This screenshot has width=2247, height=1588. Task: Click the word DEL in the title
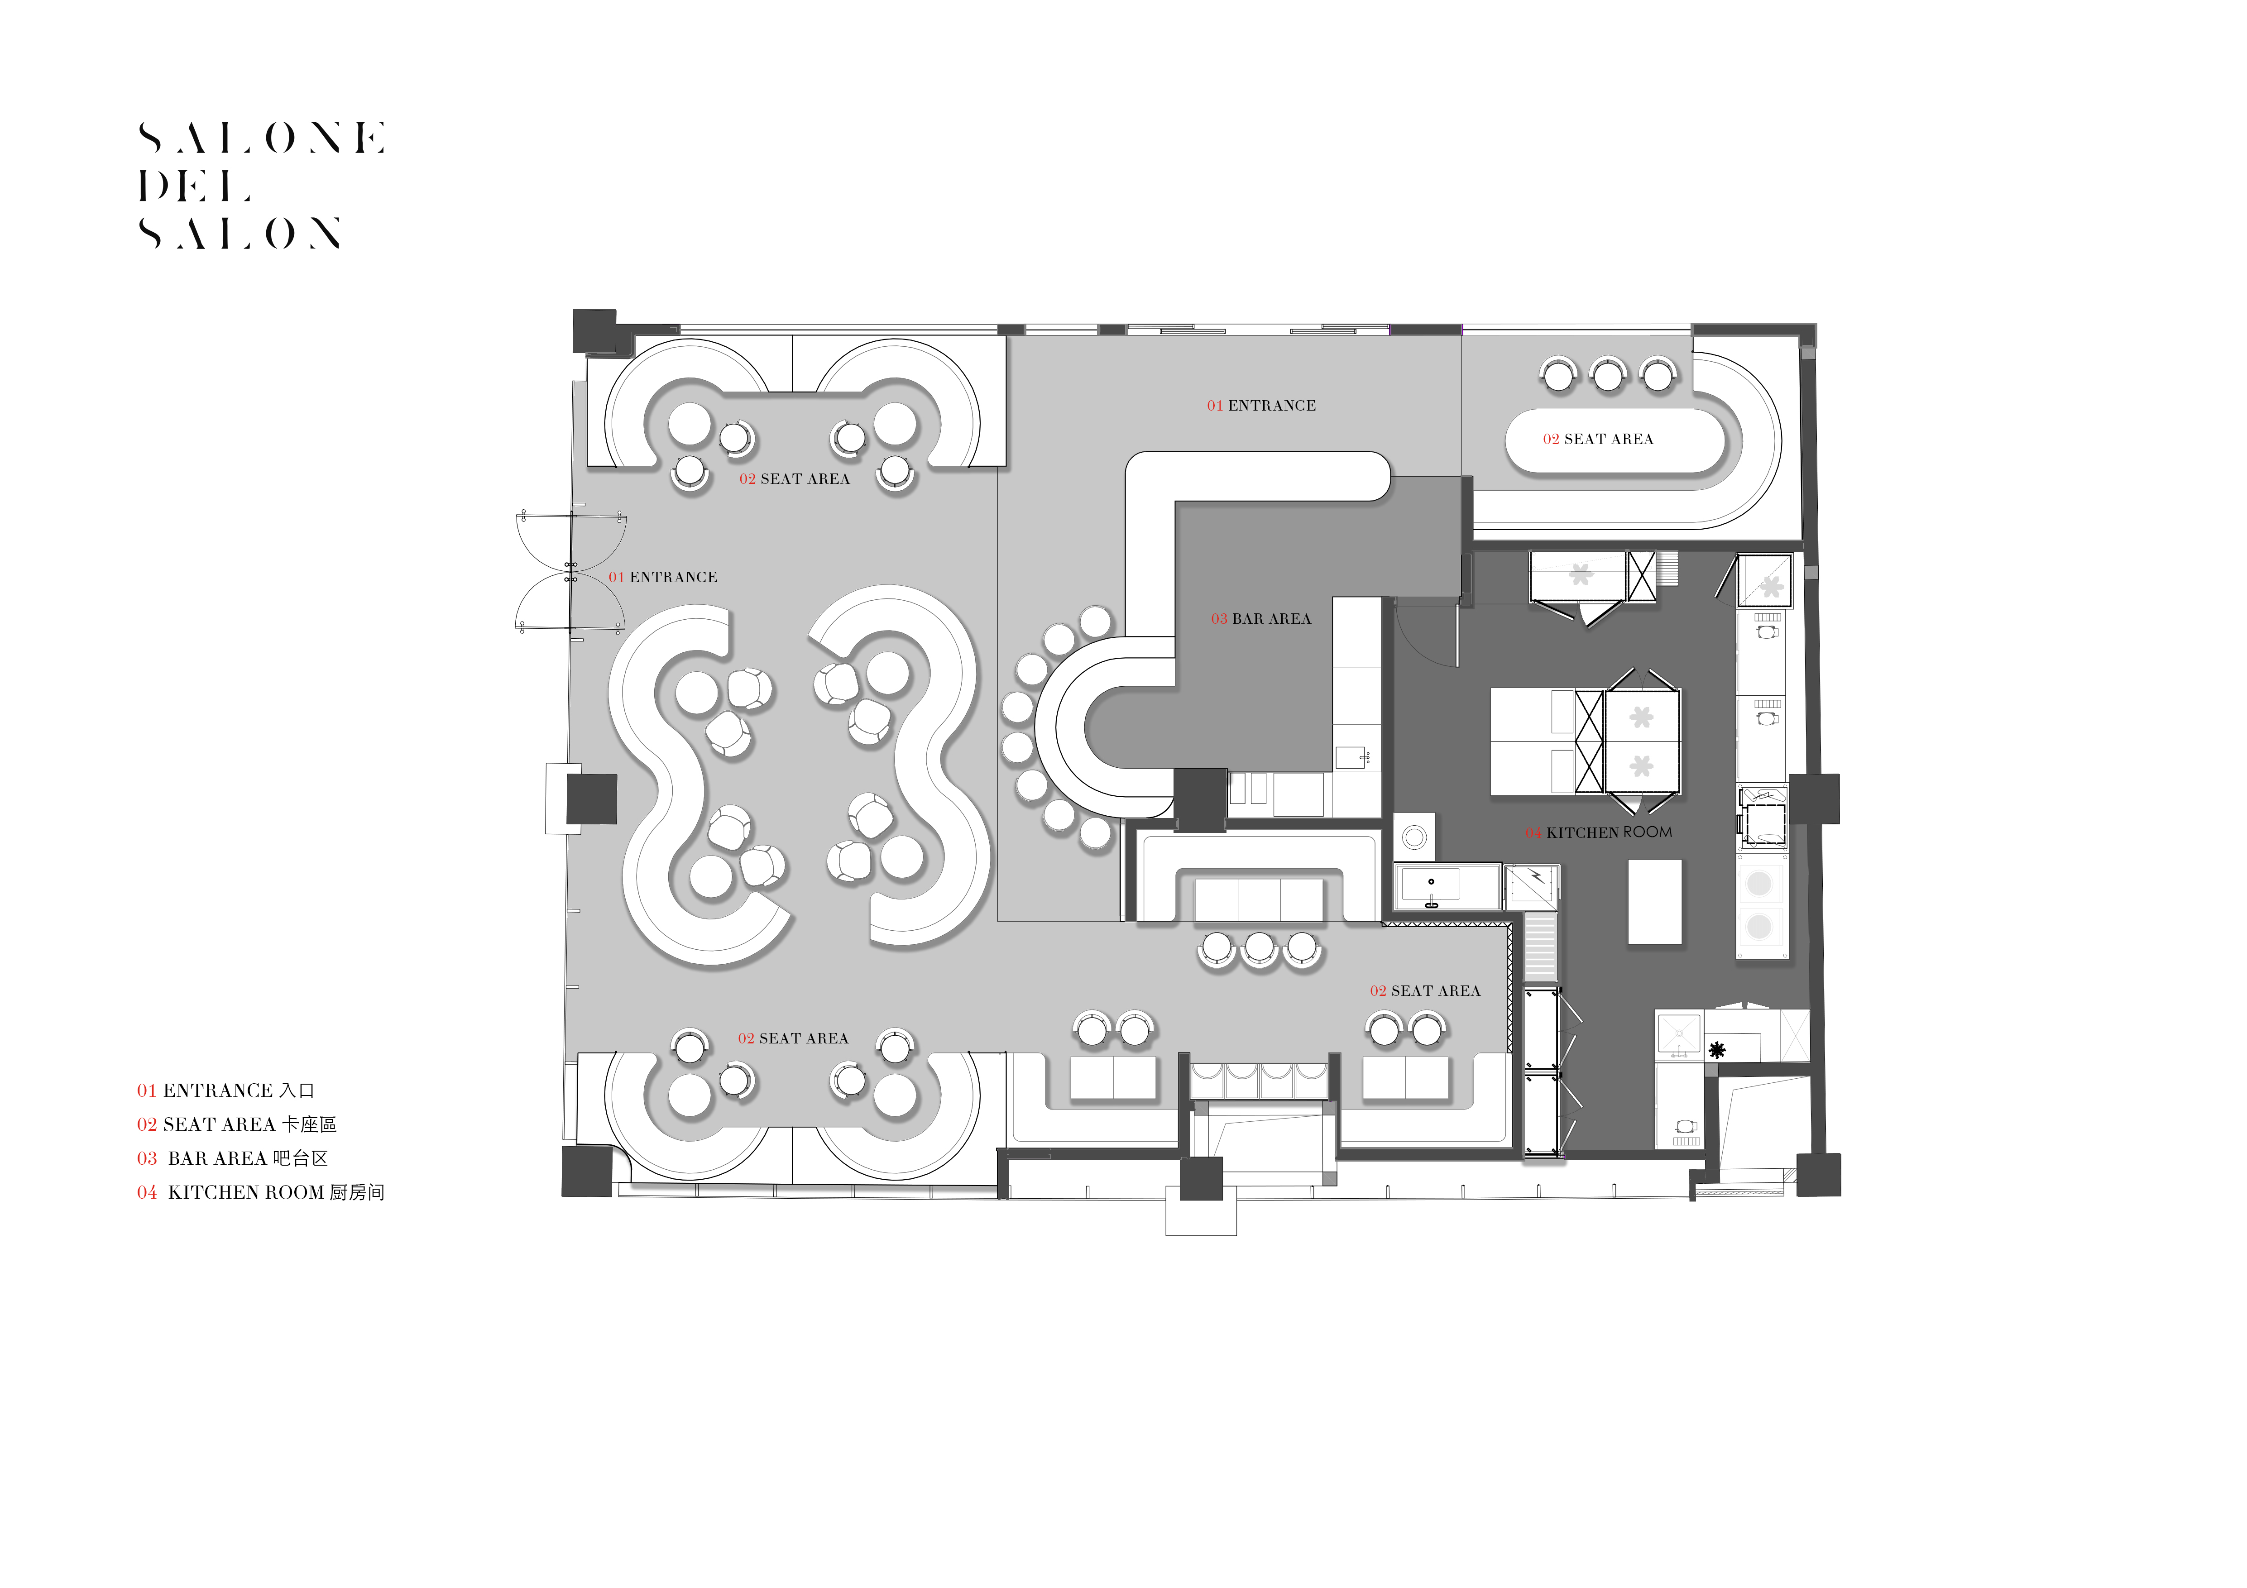[x=195, y=186]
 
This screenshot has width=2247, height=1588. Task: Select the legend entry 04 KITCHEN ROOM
[x=260, y=1193]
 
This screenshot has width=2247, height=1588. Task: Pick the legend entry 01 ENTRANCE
[x=225, y=1090]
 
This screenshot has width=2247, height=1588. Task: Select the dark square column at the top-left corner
[x=594, y=331]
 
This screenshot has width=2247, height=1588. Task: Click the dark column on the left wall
[x=592, y=799]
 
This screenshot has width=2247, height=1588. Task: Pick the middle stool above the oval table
[x=1608, y=374]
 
